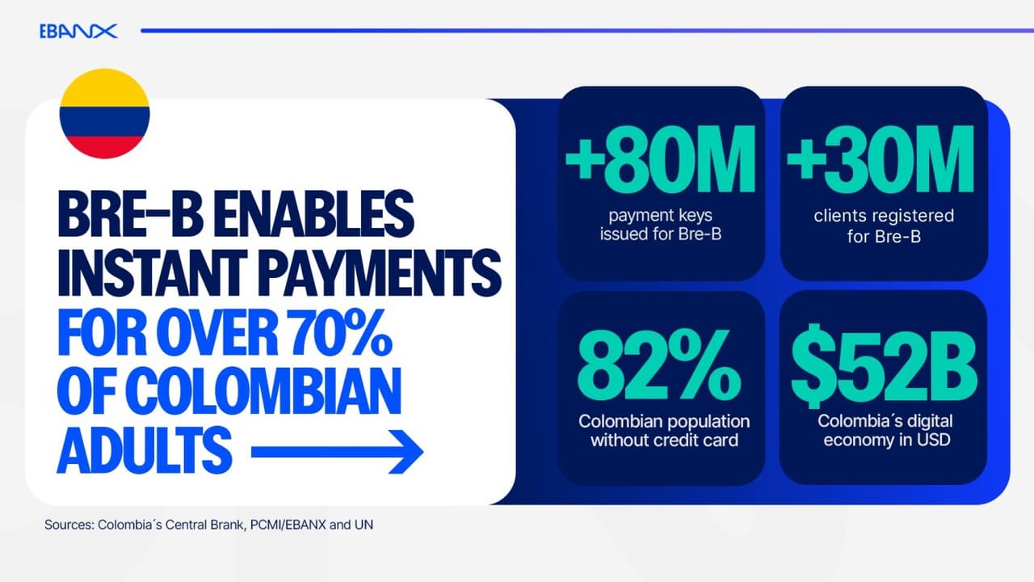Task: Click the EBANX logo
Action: pos(78,32)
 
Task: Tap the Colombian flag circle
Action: pos(104,114)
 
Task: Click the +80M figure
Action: pos(660,162)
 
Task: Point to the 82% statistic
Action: pos(660,368)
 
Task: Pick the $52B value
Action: pos(884,368)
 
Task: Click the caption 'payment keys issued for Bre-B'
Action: pos(660,226)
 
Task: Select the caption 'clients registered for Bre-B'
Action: pos(884,226)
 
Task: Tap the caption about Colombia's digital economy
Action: pos(884,431)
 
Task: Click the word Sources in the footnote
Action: pos(68,525)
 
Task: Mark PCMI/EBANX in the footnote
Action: pos(285,525)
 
